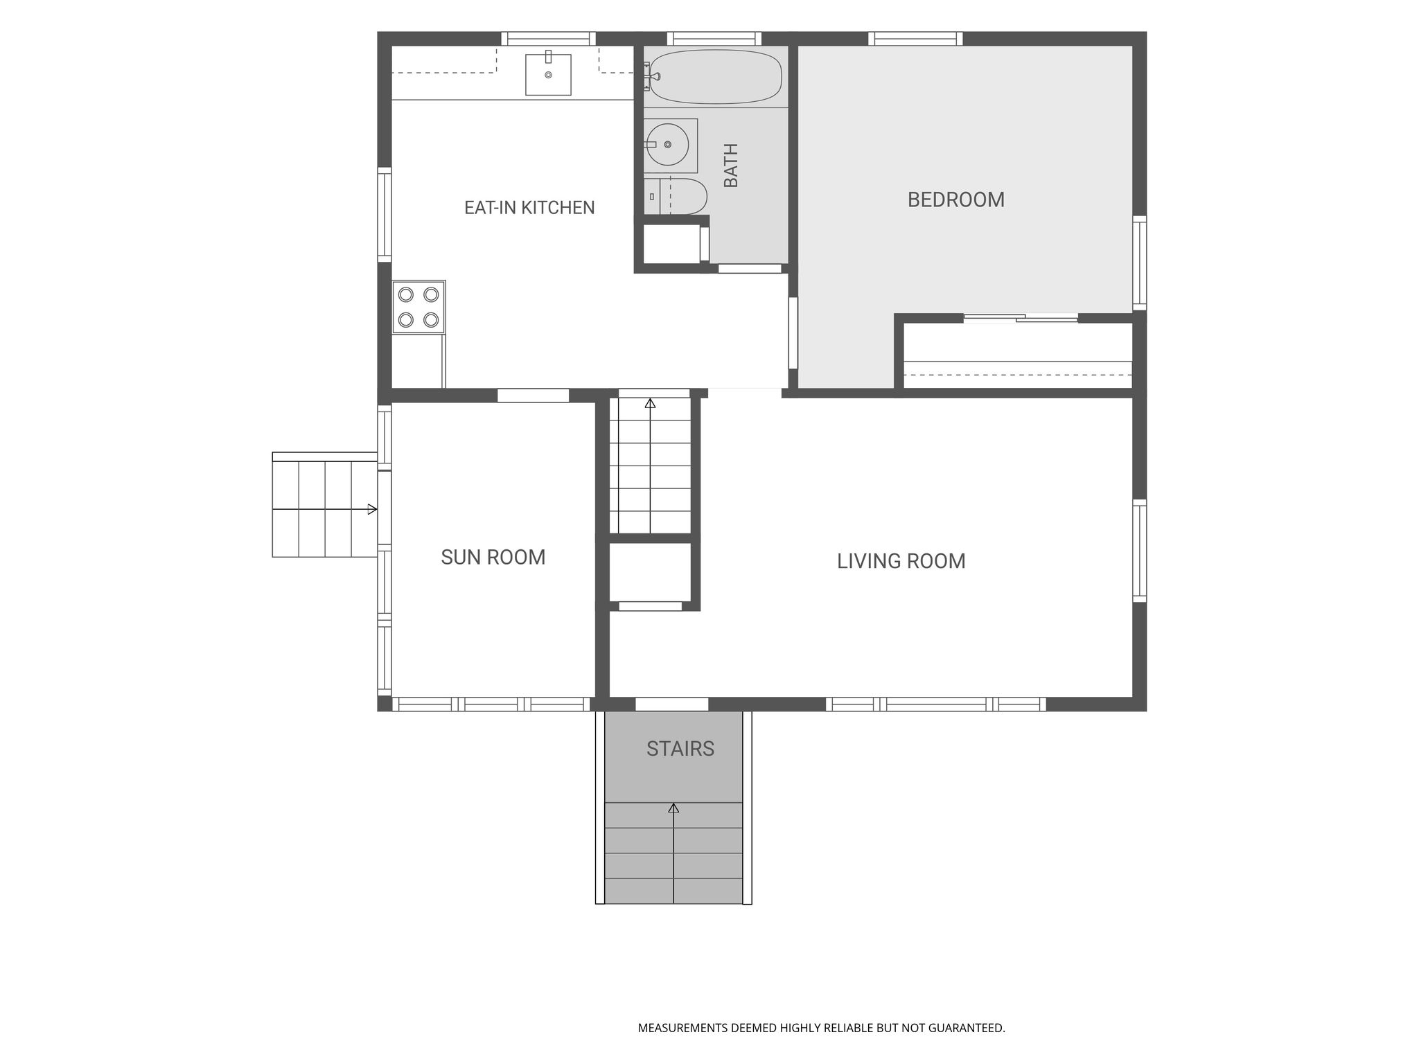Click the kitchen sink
pyautogui.click(x=548, y=74)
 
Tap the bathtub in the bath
pyautogui.click(x=716, y=76)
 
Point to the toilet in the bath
pyautogui.click(x=675, y=197)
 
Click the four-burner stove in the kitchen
pyautogui.click(x=418, y=307)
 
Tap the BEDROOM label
pyautogui.click(x=955, y=199)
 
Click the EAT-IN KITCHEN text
pyautogui.click(x=529, y=208)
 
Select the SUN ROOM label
pyautogui.click(x=493, y=557)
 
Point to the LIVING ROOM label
pyautogui.click(x=901, y=561)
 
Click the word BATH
pyautogui.click(x=731, y=166)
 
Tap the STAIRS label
pyautogui.click(x=680, y=749)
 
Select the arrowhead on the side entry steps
pyautogui.click(x=372, y=509)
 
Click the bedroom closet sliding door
pyautogui.click(x=1021, y=318)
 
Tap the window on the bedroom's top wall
pyautogui.click(x=915, y=39)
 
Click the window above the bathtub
pyautogui.click(x=714, y=39)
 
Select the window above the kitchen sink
pyautogui.click(x=548, y=39)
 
